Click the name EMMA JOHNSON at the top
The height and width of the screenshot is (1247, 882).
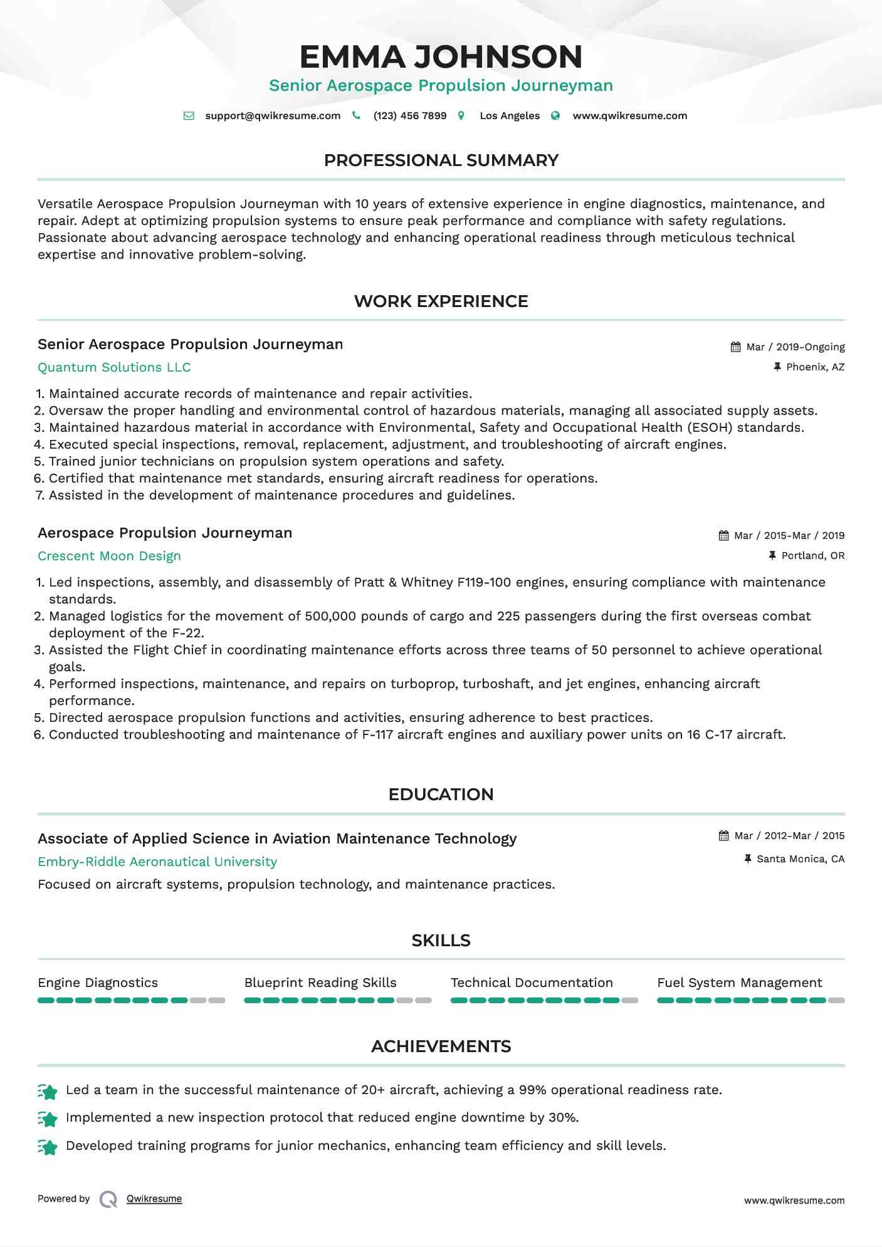[441, 56]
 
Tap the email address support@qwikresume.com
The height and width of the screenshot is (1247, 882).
[273, 116]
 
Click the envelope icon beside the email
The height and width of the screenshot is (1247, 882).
[189, 116]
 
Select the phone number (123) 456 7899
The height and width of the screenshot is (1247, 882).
[410, 116]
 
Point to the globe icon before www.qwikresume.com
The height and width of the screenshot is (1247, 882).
[555, 116]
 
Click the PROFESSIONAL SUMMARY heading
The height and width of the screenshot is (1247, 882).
[441, 160]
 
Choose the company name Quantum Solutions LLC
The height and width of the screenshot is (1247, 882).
[114, 368]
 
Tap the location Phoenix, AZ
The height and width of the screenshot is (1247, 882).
[815, 367]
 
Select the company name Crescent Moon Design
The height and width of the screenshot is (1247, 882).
[109, 556]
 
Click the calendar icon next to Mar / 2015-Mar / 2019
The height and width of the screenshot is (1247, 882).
[723, 536]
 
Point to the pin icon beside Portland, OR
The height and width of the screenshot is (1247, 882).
[772, 555]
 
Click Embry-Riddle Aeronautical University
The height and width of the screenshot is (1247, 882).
[157, 862]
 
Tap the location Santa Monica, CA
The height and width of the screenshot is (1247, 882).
[801, 859]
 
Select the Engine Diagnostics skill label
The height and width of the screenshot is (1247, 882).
[98, 983]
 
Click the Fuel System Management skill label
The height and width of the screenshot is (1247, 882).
[739, 983]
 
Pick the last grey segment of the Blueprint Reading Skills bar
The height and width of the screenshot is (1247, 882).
[424, 1001]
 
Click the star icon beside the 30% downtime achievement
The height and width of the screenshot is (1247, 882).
[48, 1119]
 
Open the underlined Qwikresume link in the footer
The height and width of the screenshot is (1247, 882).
[154, 1199]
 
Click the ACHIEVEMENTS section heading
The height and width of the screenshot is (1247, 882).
[441, 1046]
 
